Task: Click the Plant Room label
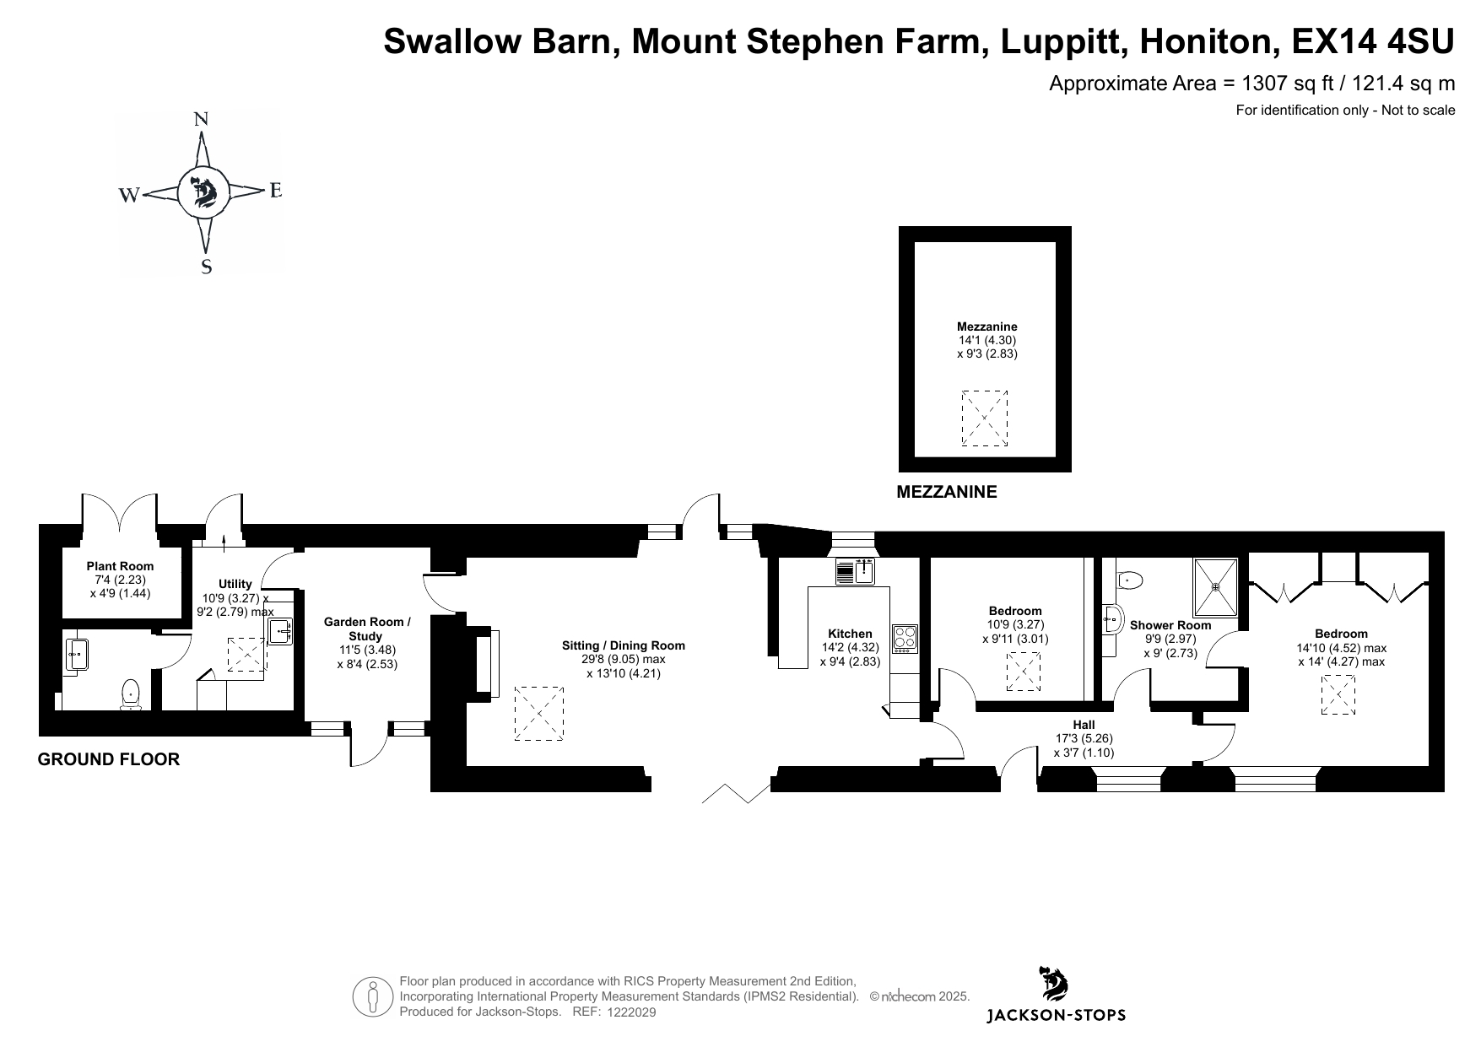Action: click(121, 566)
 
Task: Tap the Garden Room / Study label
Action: click(367, 629)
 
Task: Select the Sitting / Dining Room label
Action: click(624, 645)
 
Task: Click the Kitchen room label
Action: click(850, 634)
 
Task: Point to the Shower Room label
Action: click(1170, 625)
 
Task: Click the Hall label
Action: click(1084, 725)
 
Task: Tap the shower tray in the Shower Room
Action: click(1215, 587)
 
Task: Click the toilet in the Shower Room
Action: click(1128, 580)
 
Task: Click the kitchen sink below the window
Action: click(855, 572)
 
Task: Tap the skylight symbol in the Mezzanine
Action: click(985, 418)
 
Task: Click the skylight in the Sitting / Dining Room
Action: click(539, 714)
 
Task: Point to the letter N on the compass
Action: click(201, 119)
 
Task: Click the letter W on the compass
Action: click(129, 196)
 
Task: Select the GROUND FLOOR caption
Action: click(109, 759)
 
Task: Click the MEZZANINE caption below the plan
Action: click(946, 492)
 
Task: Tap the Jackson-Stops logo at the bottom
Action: click(1056, 996)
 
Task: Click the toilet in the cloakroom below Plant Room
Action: click(131, 694)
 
